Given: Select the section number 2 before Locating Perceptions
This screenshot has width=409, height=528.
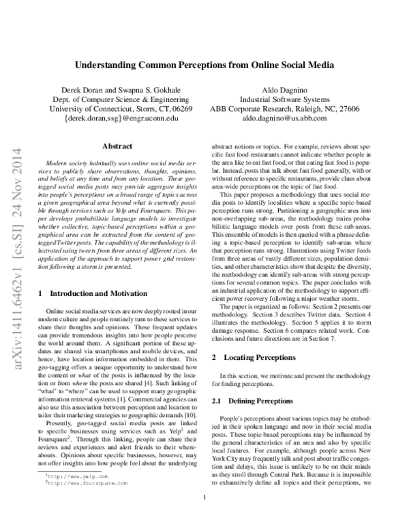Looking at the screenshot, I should click(215, 357).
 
